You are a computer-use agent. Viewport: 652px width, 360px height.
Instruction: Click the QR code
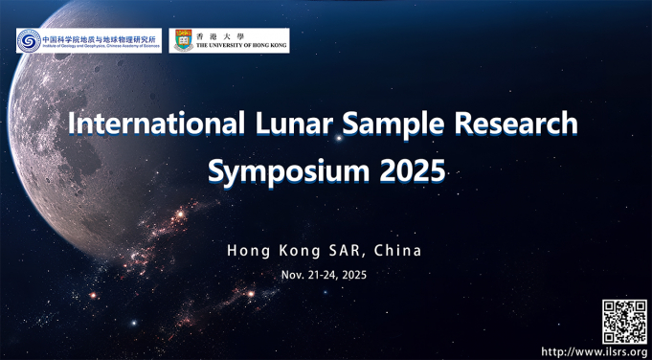point(624,320)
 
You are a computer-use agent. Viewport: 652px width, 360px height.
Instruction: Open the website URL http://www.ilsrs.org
point(595,350)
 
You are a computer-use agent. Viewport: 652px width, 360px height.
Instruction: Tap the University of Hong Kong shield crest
point(181,40)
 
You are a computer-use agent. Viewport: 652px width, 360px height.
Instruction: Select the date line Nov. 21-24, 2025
point(324,275)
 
